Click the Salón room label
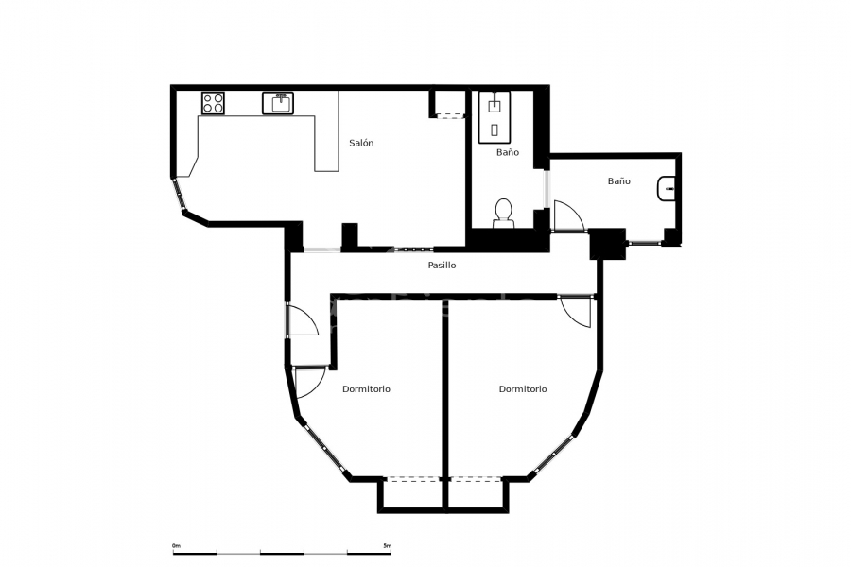click(x=361, y=143)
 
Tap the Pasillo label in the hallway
click(x=442, y=266)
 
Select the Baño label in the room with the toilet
click(x=508, y=152)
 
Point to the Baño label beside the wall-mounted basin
click(x=618, y=180)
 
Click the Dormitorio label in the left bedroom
click(x=366, y=388)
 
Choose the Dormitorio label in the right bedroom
click(x=523, y=388)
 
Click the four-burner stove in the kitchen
click(x=213, y=102)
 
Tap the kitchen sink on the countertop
click(x=280, y=102)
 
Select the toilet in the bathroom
click(x=503, y=212)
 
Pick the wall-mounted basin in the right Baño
click(x=666, y=190)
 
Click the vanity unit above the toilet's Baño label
click(x=495, y=115)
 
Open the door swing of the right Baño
click(x=567, y=216)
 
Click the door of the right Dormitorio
click(x=576, y=311)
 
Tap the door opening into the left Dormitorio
click(x=307, y=381)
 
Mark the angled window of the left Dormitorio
click(x=323, y=449)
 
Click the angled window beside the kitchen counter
click(x=178, y=196)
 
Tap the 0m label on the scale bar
click(x=176, y=545)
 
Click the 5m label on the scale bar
click(x=387, y=545)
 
